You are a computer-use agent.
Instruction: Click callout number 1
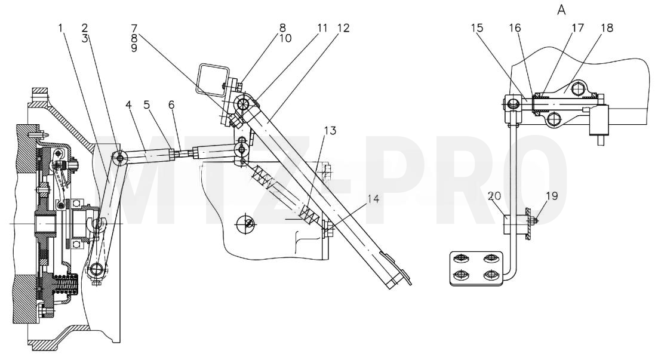tap(61, 28)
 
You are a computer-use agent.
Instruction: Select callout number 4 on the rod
tap(129, 104)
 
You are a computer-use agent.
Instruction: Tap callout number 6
tap(171, 104)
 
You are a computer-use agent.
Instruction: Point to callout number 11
tap(322, 28)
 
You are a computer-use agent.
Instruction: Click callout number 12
tap(343, 28)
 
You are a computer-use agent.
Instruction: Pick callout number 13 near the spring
tap(330, 131)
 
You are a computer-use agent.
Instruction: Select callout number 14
tap(373, 199)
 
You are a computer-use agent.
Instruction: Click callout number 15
tap(477, 28)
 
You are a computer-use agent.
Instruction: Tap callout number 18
tap(607, 28)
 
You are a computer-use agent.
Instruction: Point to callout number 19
tap(552, 196)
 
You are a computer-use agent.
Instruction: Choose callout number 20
tap(494, 196)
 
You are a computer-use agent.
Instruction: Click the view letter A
tap(561, 10)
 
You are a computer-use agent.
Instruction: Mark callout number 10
tap(285, 38)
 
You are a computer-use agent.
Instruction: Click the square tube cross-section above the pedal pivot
tap(214, 78)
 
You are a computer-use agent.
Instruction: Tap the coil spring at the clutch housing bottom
tap(67, 283)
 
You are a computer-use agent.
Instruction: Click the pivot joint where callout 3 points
tap(121, 158)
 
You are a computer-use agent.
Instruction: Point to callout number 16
tap(515, 28)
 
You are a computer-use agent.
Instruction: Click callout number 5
tap(147, 104)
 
